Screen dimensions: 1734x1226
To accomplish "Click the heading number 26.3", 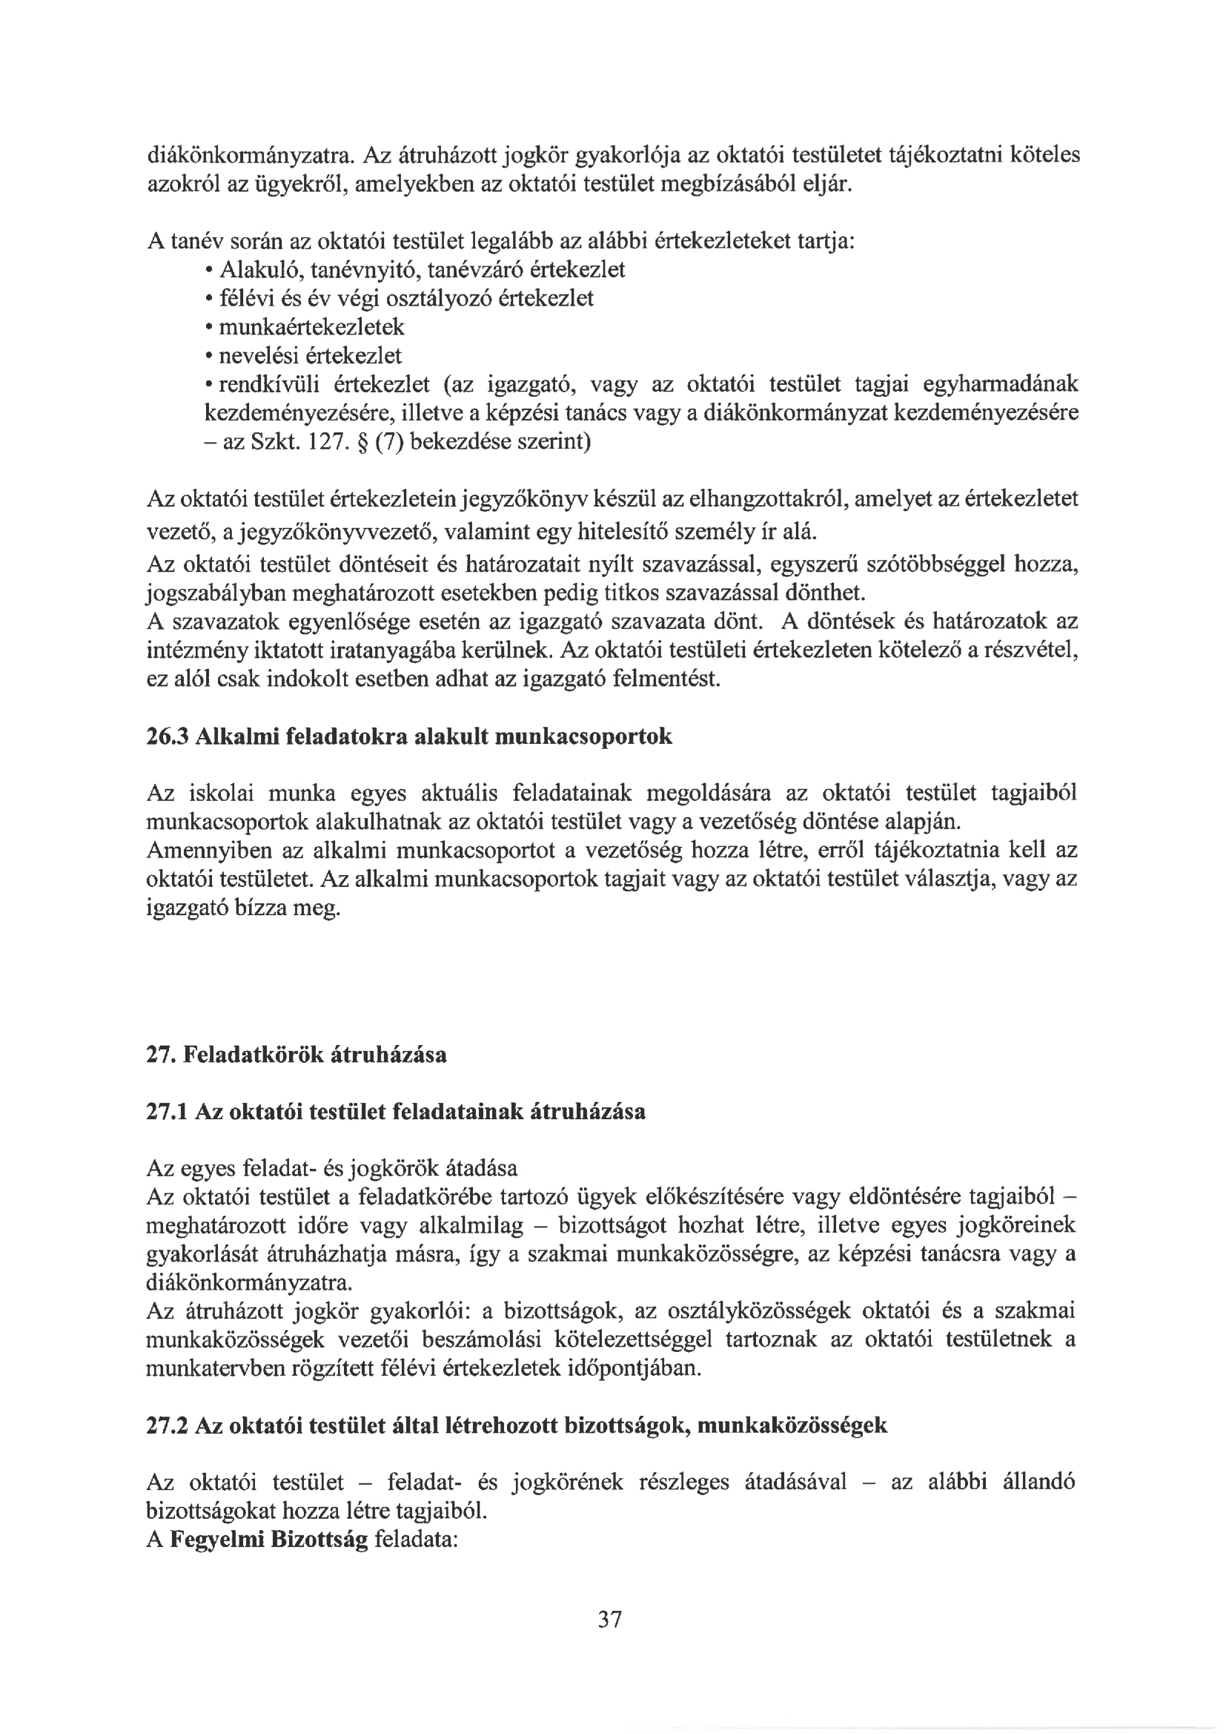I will pyautogui.click(x=167, y=736).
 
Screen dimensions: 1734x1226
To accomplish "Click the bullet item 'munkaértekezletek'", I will pyautogui.click(x=312, y=327).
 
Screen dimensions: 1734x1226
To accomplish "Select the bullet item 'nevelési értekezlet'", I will pyautogui.click(x=311, y=356).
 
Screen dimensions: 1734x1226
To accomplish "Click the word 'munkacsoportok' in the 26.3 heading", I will pyautogui.click(x=583, y=736).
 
